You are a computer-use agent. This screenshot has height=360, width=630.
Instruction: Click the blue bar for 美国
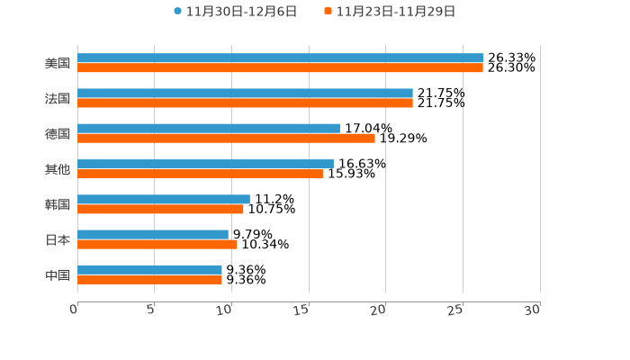(280, 58)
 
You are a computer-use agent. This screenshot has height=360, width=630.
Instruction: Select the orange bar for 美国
(280, 67)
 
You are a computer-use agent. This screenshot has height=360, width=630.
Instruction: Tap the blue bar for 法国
(245, 93)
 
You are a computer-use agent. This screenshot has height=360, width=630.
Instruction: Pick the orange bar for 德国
(226, 138)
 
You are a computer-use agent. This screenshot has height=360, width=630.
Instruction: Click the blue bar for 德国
(209, 128)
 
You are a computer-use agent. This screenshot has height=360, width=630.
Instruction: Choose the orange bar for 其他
(200, 174)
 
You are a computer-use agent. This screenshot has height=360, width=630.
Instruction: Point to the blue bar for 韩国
(164, 199)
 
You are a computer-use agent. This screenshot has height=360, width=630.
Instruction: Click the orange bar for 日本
(157, 244)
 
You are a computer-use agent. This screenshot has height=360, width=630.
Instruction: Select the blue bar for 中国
(149, 269)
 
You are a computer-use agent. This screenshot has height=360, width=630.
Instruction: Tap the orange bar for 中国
(149, 279)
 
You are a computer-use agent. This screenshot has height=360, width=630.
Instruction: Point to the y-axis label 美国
(58, 63)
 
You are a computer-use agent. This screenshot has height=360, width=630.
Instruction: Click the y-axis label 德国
(58, 133)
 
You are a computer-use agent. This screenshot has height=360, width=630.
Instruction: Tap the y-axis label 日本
(58, 239)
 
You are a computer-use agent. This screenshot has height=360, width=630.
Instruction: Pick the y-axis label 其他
(58, 169)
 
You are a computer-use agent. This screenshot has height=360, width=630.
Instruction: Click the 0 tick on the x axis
(75, 310)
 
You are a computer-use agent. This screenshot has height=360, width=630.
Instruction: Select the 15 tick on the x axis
(304, 310)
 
